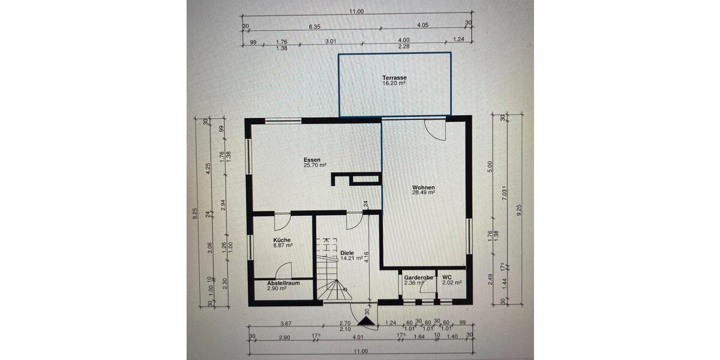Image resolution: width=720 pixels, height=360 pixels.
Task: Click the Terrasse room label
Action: (x=395, y=78)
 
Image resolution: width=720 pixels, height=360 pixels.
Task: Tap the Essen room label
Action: (x=312, y=160)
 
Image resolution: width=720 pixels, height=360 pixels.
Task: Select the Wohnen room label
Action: (x=423, y=187)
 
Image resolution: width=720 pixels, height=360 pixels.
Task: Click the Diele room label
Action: (x=347, y=253)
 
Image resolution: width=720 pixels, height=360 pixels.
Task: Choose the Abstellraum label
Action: (x=283, y=283)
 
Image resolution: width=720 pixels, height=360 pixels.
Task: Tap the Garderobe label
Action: (x=418, y=278)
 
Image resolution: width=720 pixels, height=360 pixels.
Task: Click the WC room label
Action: (x=447, y=277)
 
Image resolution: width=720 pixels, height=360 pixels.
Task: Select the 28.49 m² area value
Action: (x=423, y=193)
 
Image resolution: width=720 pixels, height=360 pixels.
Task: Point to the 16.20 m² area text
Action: (x=394, y=84)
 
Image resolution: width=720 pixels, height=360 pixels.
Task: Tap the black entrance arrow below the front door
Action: (x=364, y=322)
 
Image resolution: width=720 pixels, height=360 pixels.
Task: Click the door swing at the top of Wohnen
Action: (x=434, y=130)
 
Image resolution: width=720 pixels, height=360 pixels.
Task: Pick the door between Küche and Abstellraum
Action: (x=283, y=271)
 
